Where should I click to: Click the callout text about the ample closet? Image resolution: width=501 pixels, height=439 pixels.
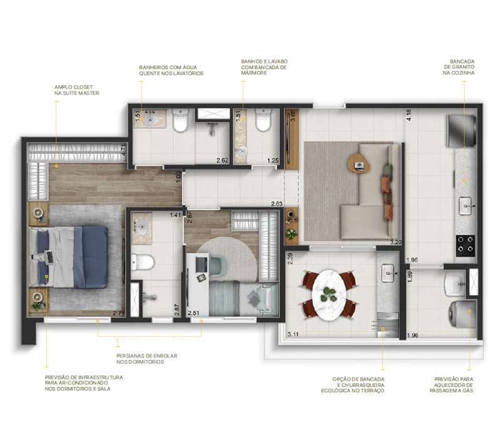77,90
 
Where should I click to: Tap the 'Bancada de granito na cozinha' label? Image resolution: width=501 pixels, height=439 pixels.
458,66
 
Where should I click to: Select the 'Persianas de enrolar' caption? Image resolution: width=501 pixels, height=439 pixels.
147,359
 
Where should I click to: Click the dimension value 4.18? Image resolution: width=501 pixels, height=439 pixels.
408,115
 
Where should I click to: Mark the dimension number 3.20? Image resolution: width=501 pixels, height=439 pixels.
395,242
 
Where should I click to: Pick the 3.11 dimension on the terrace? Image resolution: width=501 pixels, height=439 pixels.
292,335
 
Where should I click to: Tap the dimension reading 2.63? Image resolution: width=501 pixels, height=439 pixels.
276,204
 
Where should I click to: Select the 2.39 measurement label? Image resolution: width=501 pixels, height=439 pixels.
290,258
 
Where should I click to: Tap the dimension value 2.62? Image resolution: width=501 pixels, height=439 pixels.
222,161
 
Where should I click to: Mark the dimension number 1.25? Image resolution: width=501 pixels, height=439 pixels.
272,161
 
